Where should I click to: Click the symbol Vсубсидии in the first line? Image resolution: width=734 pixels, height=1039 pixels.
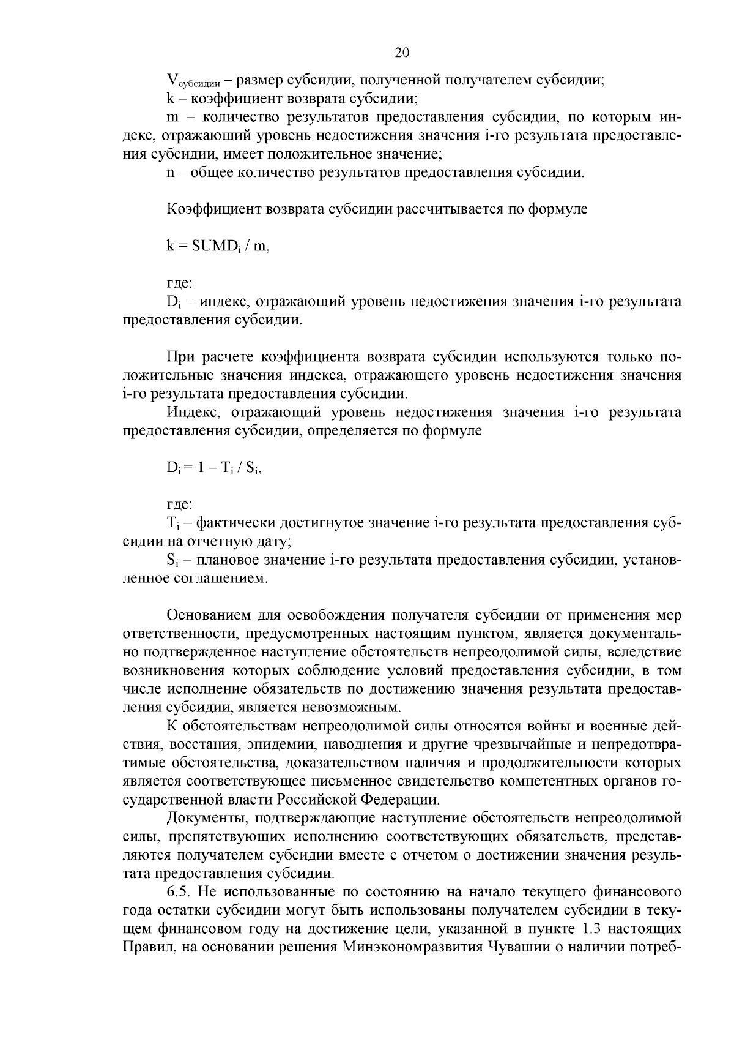pyautogui.click(x=194, y=81)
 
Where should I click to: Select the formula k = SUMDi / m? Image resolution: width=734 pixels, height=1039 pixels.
pyautogui.click(x=218, y=246)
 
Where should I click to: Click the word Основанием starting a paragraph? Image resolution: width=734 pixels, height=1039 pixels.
pyautogui.click(x=209, y=615)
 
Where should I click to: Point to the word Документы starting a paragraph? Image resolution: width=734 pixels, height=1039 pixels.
pyautogui.click(x=205, y=819)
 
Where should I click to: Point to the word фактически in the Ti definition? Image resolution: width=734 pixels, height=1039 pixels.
pyautogui.click(x=234, y=523)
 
